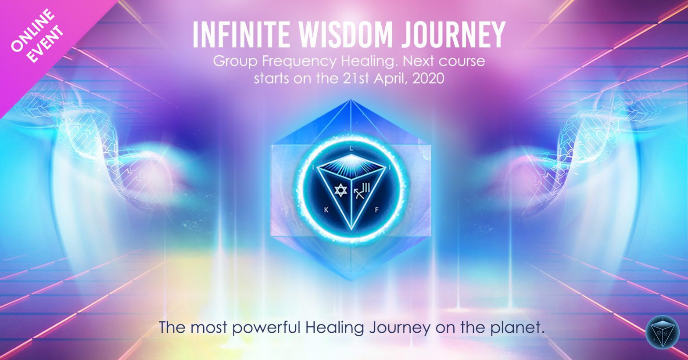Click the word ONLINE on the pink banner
coord(32,30)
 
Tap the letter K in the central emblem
coord(326,210)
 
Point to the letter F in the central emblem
coord(376,210)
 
